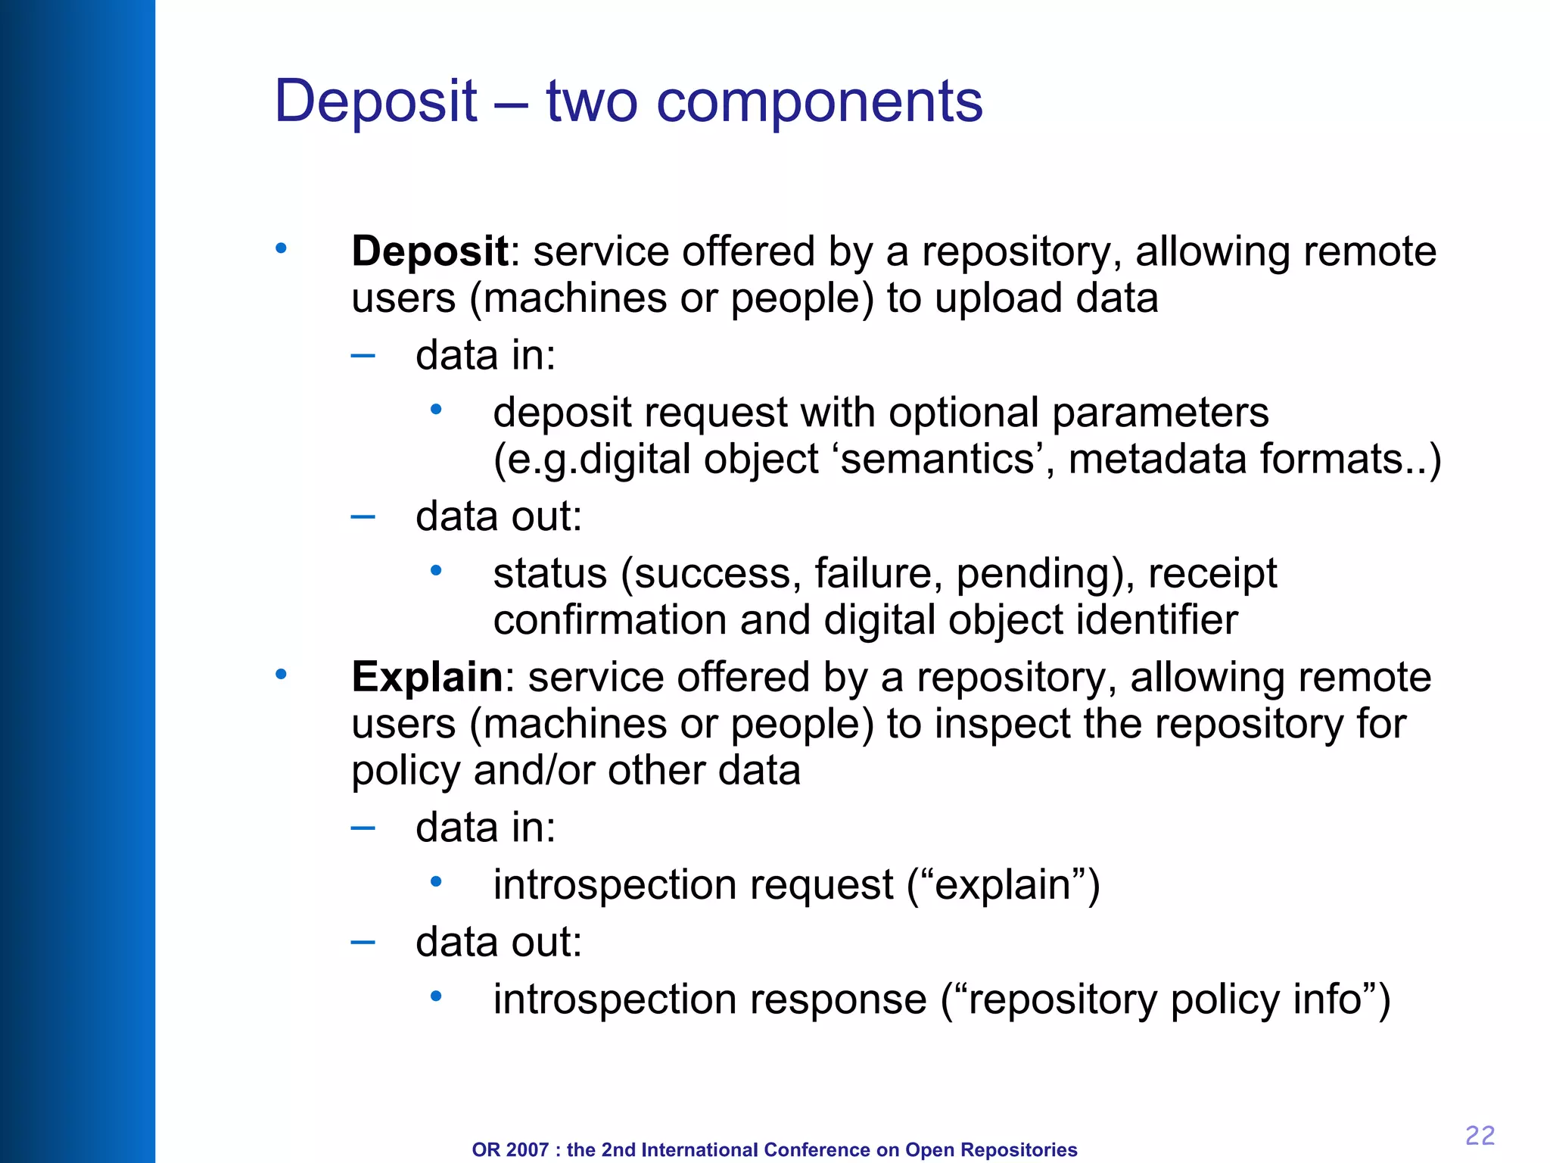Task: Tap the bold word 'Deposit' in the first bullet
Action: point(430,251)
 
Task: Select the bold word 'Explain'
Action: point(427,677)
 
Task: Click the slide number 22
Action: point(1480,1135)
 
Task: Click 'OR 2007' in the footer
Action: point(509,1149)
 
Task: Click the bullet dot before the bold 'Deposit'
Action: point(281,248)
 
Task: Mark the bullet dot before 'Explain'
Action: point(281,674)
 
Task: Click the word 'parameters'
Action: point(1159,413)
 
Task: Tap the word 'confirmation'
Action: point(609,620)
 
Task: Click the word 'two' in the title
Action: point(592,101)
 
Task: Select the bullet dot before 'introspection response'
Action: point(435,996)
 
